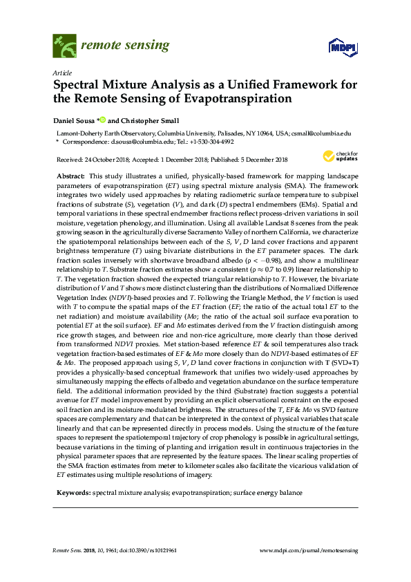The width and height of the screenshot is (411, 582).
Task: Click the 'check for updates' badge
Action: (x=338, y=157)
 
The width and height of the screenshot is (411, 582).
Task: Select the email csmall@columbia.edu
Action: (x=322, y=132)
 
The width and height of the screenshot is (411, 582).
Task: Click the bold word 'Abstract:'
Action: (x=71, y=177)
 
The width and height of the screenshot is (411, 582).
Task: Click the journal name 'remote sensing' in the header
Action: (x=125, y=46)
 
